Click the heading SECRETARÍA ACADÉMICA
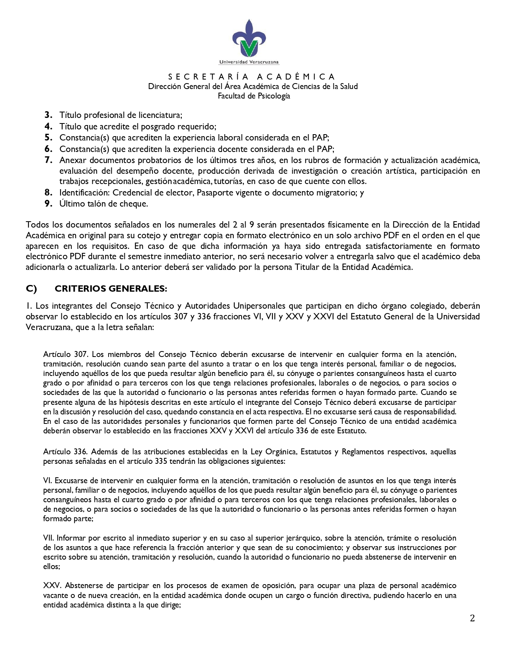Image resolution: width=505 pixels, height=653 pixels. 252,76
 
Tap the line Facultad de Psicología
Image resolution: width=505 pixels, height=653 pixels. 254,96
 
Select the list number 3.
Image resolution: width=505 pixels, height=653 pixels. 49,115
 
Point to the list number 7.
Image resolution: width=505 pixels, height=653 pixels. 49,160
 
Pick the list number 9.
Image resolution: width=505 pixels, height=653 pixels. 49,204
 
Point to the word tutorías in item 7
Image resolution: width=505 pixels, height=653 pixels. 229,182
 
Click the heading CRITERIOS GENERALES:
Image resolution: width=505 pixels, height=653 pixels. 111,289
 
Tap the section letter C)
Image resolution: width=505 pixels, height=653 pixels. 31,289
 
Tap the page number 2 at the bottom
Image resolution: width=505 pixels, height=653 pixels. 472,619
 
